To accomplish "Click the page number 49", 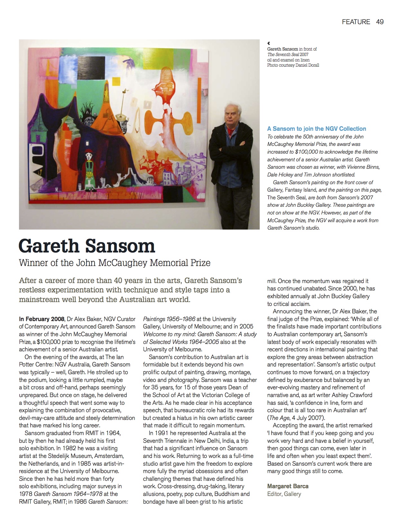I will [380, 22].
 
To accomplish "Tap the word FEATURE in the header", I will [356, 22].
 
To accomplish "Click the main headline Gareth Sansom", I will [87, 246].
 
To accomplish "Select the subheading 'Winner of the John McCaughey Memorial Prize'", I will [115, 263].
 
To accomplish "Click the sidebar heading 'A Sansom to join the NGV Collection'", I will [317, 129].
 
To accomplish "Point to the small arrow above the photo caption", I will [269, 43].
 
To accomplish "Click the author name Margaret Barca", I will [288, 486].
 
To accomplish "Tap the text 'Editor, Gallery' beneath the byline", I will [284, 494].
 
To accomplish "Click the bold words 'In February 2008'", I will [42, 319].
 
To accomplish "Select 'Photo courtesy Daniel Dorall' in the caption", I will [293, 65].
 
